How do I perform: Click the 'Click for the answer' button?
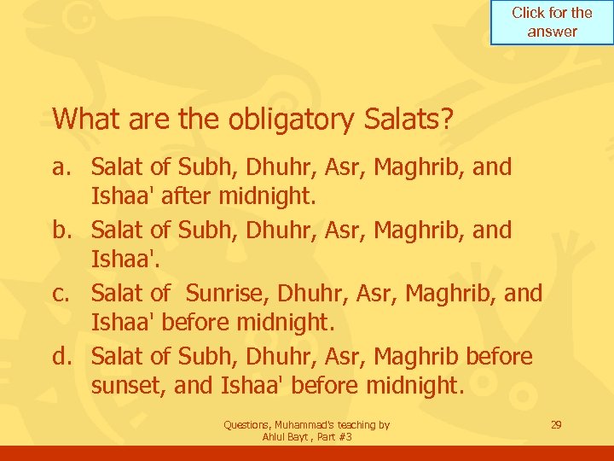[x=552, y=23]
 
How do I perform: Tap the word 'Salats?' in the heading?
[x=408, y=119]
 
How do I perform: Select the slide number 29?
[x=556, y=424]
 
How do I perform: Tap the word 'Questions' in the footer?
[x=248, y=424]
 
